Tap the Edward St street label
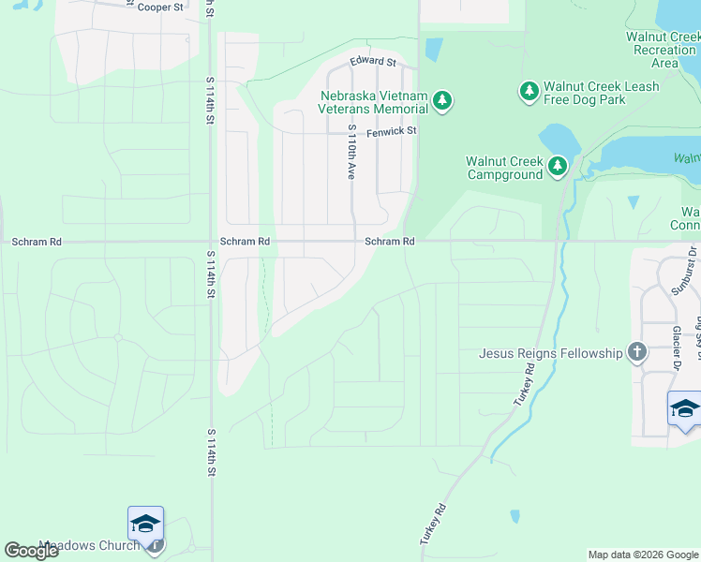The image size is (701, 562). [x=373, y=62]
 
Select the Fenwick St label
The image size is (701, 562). [x=391, y=132]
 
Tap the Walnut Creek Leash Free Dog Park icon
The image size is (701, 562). [x=529, y=91]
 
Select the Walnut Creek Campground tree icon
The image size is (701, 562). [x=559, y=167]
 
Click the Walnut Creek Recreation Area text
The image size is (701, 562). [x=664, y=50]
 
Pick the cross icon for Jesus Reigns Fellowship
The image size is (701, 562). [x=637, y=352]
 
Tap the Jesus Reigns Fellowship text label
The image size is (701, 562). [x=550, y=353]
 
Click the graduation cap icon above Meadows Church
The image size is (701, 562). [x=145, y=524]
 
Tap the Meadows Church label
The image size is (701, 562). [x=90, y=545]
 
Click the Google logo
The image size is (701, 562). [x=31, y=551]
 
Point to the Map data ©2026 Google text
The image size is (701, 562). [x=642, y=555]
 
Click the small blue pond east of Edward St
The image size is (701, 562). [x=433, y=49]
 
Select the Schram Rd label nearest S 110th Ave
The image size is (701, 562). [x=390, y=242]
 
